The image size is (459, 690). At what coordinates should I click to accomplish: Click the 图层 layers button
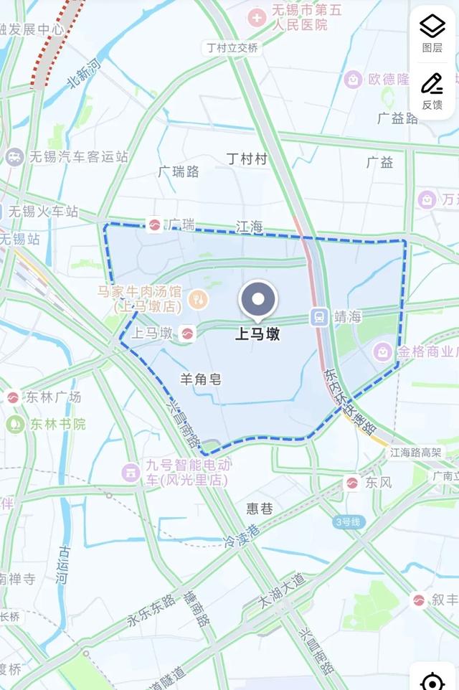pyautogui.click(x=432, y=33)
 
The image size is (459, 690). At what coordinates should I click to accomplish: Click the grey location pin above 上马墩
pyautogui.click(x=258, y=301)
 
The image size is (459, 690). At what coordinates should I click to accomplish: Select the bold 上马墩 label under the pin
pyautogui.click(x=258, y=334)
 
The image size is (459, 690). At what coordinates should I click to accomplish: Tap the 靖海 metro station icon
pyautogui.click(x=318, y=316)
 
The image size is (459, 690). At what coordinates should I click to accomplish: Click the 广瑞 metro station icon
pyautogui.click(x=154, y=225)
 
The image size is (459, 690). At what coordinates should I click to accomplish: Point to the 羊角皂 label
pyautogui.click(x=200, y=379)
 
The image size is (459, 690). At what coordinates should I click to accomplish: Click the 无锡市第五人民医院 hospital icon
pyautogui.click(x=256, y=16)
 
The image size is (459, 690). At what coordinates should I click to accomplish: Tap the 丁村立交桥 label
pyautogui.click(x=232, y=48)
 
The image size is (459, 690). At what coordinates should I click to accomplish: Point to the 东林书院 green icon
pyautogui.click(x=15, y=424)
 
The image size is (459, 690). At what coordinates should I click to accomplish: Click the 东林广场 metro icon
pyautogui.click(x=13, y=397)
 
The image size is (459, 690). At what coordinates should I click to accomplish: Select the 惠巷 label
pyautogui.click(x=260, y=509)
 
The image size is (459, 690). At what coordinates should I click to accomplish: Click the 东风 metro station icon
pyautogui.click(x=352, y=483)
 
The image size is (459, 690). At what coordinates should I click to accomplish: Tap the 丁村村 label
pyautogui.click(x=246, y=159)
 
